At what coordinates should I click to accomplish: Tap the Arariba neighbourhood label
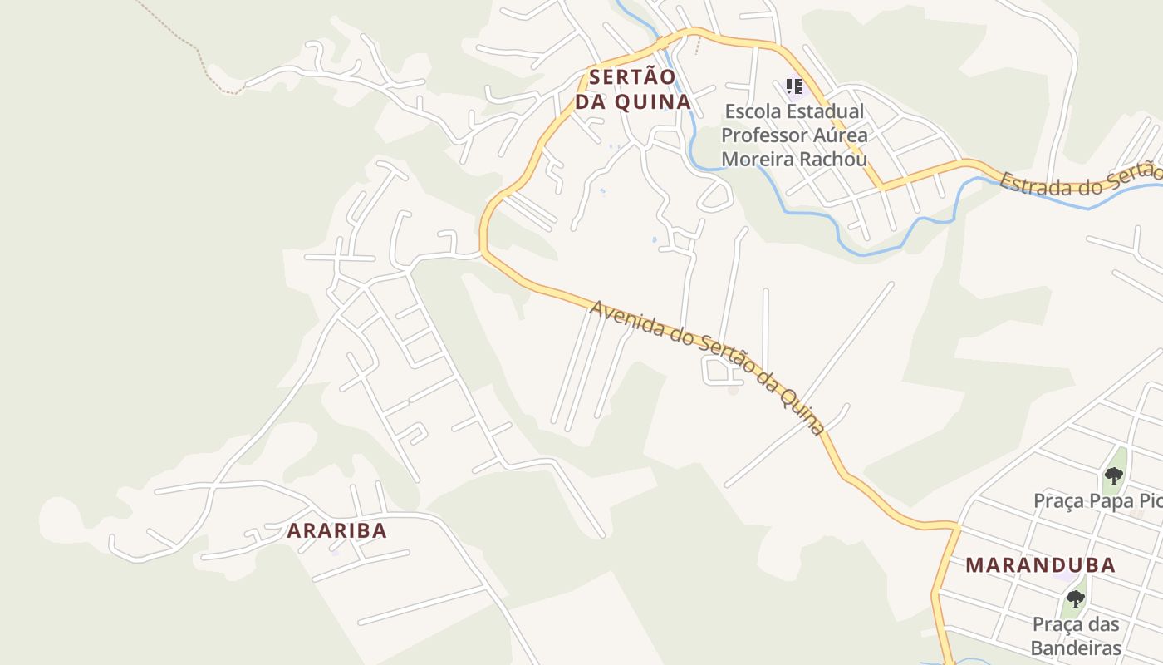pyautogui.click(x=337, y=530)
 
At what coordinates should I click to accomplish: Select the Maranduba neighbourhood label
pyautogui.click(x=1040, y=565)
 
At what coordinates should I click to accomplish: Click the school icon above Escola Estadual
pyautogui.click(x=793, y=86)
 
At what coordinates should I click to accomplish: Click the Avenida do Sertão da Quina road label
pyautogui.click(x=706, y=366)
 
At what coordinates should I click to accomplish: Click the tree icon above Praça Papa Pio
pyautogui.click(x=1113, y=476)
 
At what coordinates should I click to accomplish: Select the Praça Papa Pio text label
pyautogui.click(x=1097, y=501)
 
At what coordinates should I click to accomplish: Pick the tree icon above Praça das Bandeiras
pyautogui.click(x=1076, y=599)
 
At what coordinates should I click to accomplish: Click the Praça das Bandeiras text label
pyautogui.click(x=1076, y=636)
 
